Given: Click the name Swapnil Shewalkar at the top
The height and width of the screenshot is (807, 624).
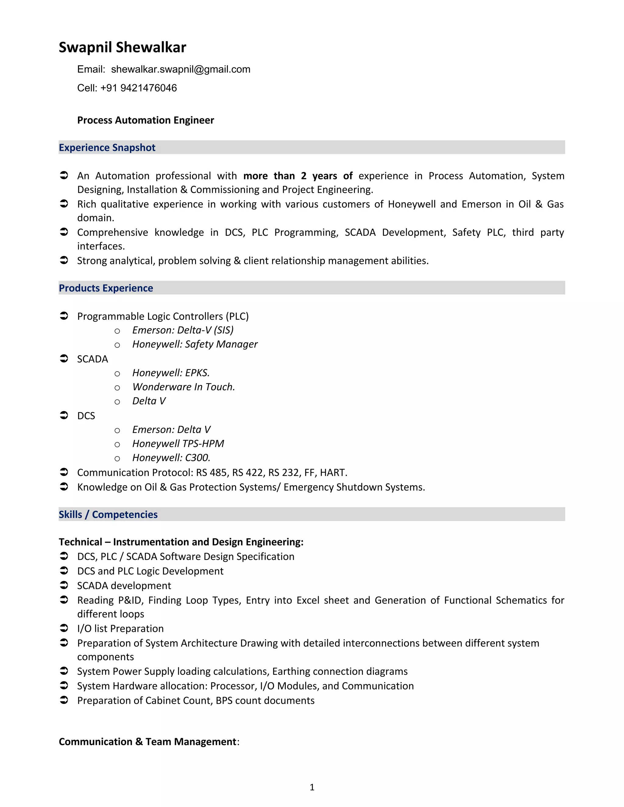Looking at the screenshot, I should (x=122, y=47).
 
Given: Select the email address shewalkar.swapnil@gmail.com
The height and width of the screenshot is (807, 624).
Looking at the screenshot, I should (x=180, y=69).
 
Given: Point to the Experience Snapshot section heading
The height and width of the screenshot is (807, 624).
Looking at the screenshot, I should (x=107, y=147).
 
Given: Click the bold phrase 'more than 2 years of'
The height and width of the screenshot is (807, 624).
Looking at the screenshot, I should (x=298, y=176).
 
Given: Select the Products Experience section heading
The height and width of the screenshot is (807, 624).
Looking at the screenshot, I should (x=106, y=288).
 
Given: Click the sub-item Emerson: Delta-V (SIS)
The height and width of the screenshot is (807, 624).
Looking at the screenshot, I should (x=183, y=330).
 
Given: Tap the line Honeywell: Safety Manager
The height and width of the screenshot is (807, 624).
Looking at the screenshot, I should (x=195, y=344).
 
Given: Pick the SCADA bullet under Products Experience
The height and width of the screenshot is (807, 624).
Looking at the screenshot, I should (x=92, y=359).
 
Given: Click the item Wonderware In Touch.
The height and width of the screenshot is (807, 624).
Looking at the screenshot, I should (x=183, y=387).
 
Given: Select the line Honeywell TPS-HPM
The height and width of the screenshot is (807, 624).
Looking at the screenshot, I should (x=178, y=443).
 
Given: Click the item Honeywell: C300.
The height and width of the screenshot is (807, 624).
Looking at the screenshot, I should (x=171, y=457).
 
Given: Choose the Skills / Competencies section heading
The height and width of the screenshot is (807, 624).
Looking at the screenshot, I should (x=108, y=514).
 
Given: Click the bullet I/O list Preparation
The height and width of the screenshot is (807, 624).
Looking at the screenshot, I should (x=120, y=629).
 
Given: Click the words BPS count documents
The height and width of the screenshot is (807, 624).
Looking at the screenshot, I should (x=265, y=701).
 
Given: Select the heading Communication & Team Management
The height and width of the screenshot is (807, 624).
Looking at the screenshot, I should (x=147, y=742).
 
